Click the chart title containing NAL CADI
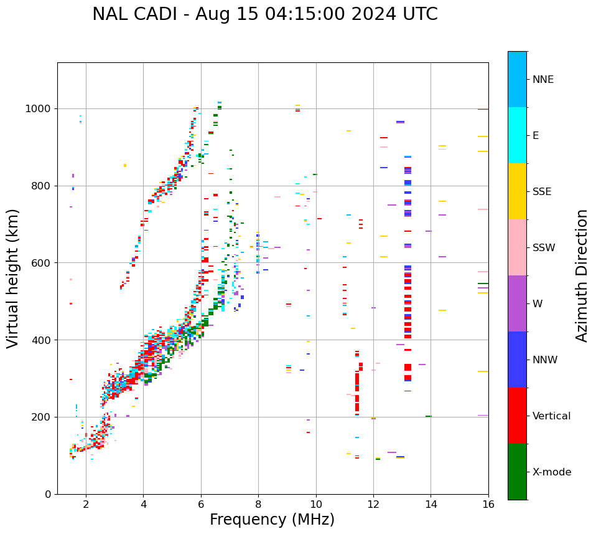pyautogui.click(x=264, y=14)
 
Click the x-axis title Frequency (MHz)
pyautogui.click(x=272, y=520)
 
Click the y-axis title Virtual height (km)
pyautogui.click(x=13, y=279)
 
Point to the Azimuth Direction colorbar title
pyautogui.click(x=582, y=275)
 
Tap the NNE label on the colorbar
pyautogui.click(x=542, y=80)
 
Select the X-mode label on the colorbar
pyautogui.click(x=551, y=472)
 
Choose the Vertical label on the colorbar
pyautogui.click(x=551, y=416)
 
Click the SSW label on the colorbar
pyautogui.click(x=543, y=248)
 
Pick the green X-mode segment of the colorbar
pyautogui.click(x=517, y=472)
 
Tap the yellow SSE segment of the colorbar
pyautogui.click(x=517, y=191)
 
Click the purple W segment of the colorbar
pyautogui.click(x=517, y=303)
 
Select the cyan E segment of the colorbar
pyautogui.click(x=517, y=135)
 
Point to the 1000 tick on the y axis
pyautogui.click(x=39, y=108)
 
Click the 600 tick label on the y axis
pyautogui.click(x=42, y=263)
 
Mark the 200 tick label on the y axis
pyautogui.click(x=42, y=417)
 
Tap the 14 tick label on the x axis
pyautogui.click(x=431, y=504)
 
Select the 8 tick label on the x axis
pyautogui.click(x=258, y=504)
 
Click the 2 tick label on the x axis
pyautogui.click(x=86, y=504)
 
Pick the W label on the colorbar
pyautogui.click(x=538, y=304)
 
